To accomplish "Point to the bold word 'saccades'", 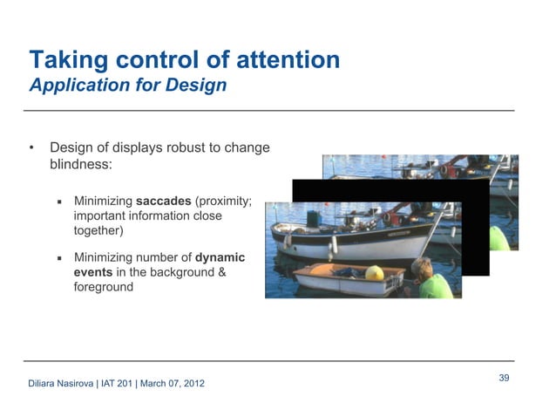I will click(163, 201).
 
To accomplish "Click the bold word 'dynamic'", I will click(220, 257).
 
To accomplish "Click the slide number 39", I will click(504, 377).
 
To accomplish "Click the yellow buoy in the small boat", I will click(374, 273).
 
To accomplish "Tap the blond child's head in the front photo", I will click(422, 266).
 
